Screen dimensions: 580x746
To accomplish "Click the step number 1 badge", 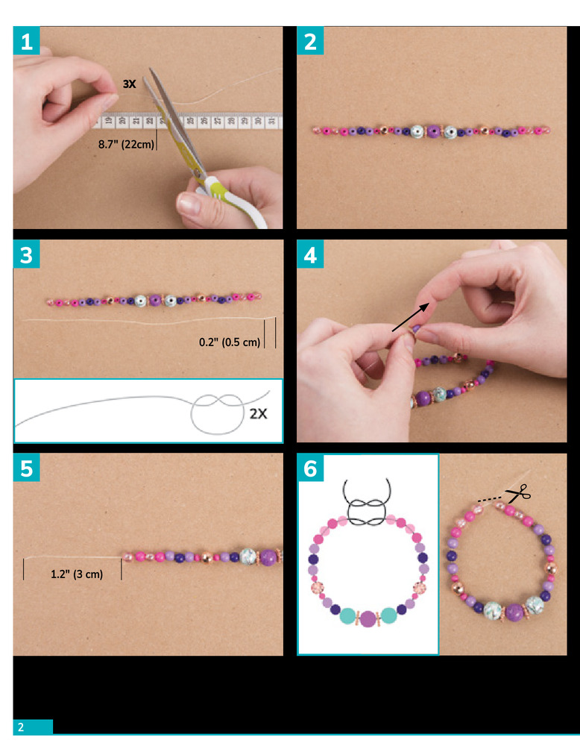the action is (27, 40).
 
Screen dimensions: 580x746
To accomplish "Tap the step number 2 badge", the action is (310, 40).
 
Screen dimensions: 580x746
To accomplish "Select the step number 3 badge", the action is (27, 254).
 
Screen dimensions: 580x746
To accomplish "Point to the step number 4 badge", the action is (310, 254).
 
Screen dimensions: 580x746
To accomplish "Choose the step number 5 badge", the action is (27, 468).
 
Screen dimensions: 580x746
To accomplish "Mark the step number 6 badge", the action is (310, 468).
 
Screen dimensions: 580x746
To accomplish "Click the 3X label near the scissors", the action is (129, 84).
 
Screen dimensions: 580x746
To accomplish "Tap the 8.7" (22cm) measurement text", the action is (127, 144).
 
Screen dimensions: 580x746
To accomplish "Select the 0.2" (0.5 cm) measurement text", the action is (230, 342).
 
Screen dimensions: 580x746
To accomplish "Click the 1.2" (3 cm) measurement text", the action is (77, 574).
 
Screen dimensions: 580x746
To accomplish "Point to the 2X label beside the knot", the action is (259, 414).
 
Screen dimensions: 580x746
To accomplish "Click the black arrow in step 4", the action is (410, 318).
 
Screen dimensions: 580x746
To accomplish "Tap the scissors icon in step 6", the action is (518, 493).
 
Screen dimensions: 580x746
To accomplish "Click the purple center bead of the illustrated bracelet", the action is (368, 619).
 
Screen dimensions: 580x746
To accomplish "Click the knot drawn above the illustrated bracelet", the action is (367, 504).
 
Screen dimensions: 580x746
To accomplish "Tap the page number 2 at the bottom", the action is (21, 727).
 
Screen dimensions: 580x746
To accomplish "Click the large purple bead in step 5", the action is (268, 557).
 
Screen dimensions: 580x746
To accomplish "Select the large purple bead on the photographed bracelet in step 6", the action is (514, 612).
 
